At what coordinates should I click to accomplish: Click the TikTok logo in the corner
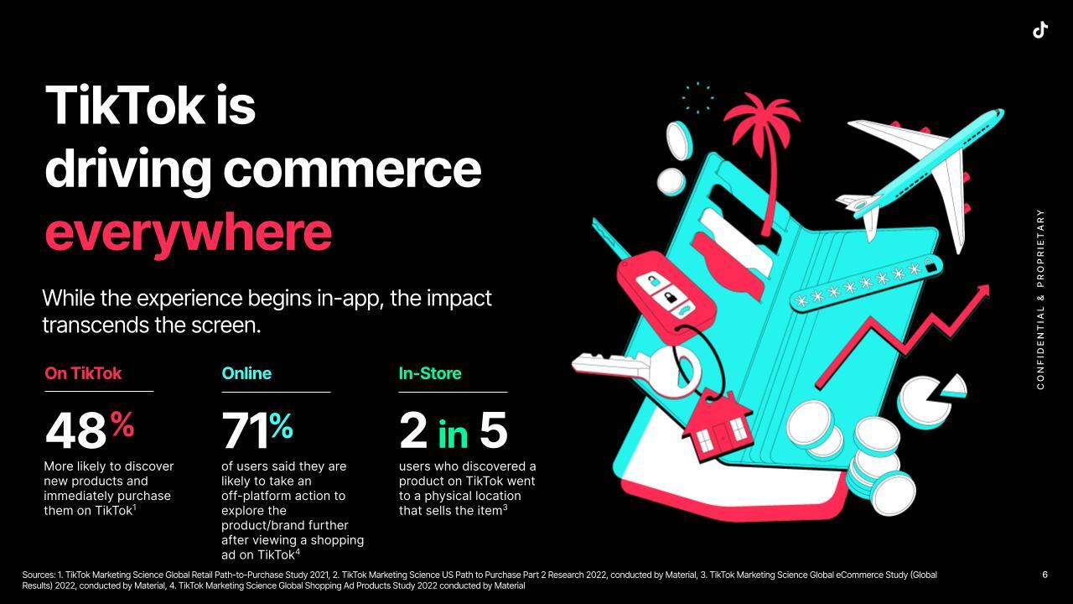[x=1040, y=29]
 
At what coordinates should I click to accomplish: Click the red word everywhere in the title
[x=189, y=232]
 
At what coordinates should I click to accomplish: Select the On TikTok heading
[x=83, y=373]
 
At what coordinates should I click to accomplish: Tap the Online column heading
[x=246, y=373]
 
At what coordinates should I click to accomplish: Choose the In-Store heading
[x=430, y=373]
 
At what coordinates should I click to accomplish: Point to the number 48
[x=75, y=431]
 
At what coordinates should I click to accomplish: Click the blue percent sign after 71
[x=281, y=425]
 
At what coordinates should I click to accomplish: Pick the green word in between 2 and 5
[x=453, y=435]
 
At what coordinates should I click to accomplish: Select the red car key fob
[x=666, y=296]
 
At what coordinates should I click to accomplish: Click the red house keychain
[x=717, y=425]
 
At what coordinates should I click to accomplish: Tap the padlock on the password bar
[x=930, y=266]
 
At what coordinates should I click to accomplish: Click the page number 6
[x=1044, y=575]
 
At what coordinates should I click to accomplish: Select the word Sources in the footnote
[x=39, y=575]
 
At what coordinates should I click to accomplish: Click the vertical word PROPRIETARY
[x=1040, y=248]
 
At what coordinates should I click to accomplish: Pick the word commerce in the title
[x=352, y=169]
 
